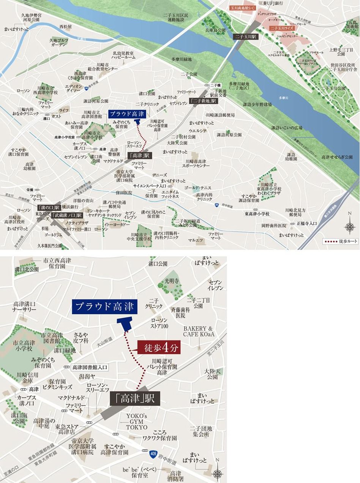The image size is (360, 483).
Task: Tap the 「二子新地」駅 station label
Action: tap(203, 101)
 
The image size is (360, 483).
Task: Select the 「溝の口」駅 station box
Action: tap(49, 207)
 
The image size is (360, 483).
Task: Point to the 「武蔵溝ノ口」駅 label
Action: tap(67, 215)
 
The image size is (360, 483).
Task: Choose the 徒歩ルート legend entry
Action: tap(340, 241)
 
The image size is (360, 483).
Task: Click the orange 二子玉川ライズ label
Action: tap(282, 28)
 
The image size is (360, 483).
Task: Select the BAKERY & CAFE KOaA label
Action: tap(199, 331)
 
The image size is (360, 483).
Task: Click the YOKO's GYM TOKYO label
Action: tap(137, 421)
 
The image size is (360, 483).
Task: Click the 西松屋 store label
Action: tap(65, 27)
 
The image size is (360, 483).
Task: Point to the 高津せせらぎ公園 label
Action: tap(336, 157)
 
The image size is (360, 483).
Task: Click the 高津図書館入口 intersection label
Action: tap(90, 367)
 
